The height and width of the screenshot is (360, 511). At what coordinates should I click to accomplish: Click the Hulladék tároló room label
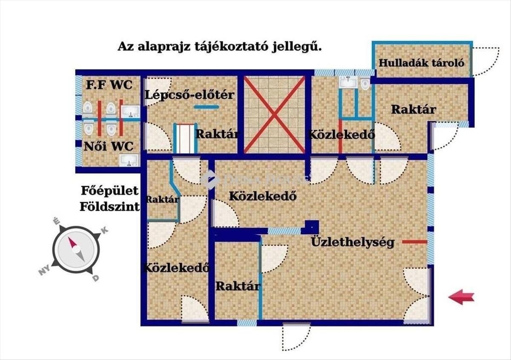click(421, 63)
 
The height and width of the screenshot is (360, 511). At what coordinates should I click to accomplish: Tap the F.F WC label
click(109, 84)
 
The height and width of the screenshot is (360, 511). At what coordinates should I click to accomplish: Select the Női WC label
click(109, 146)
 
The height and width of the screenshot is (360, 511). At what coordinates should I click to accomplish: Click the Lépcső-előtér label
click(189, 94)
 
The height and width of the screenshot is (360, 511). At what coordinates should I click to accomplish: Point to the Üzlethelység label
click(353, 242)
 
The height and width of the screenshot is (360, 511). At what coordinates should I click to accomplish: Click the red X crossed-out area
click(274, 114)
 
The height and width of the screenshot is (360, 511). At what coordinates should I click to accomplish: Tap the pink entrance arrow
click(461, 297)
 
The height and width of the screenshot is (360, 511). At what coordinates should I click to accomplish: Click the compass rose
click(75, 250)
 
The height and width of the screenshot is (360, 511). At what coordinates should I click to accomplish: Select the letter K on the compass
click(105, 230)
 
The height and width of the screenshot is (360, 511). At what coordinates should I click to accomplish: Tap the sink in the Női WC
click(128, 160)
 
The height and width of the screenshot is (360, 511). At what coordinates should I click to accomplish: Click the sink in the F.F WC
click(130, 111)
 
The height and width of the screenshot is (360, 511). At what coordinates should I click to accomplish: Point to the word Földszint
click(110, 207)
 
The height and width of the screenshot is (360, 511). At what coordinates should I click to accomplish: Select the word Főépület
click(110, 190)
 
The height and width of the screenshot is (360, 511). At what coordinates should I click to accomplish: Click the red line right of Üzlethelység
click(414, 242)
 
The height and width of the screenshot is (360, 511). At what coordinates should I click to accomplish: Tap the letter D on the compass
click(96, 278)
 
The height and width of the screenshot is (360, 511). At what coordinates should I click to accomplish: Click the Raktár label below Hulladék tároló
click(413, 109)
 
